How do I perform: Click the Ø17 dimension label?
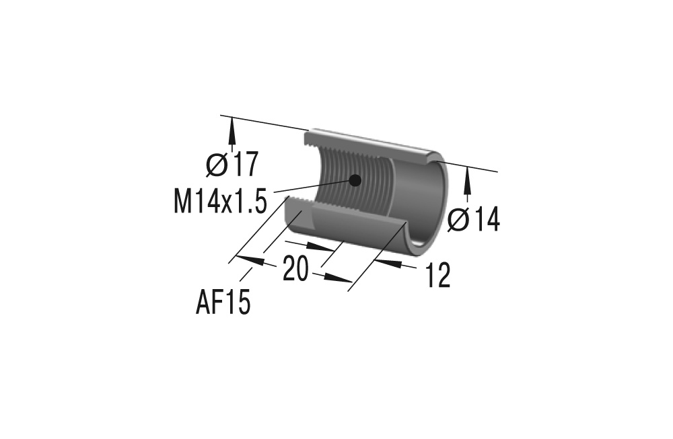233,165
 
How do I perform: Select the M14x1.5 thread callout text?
220,201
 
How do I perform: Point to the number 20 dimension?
295,269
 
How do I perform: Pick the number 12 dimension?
437,276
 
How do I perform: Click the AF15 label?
223,303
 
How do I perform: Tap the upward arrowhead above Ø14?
468,177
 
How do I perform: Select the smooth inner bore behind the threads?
417,195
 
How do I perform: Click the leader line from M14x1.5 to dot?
310,187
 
